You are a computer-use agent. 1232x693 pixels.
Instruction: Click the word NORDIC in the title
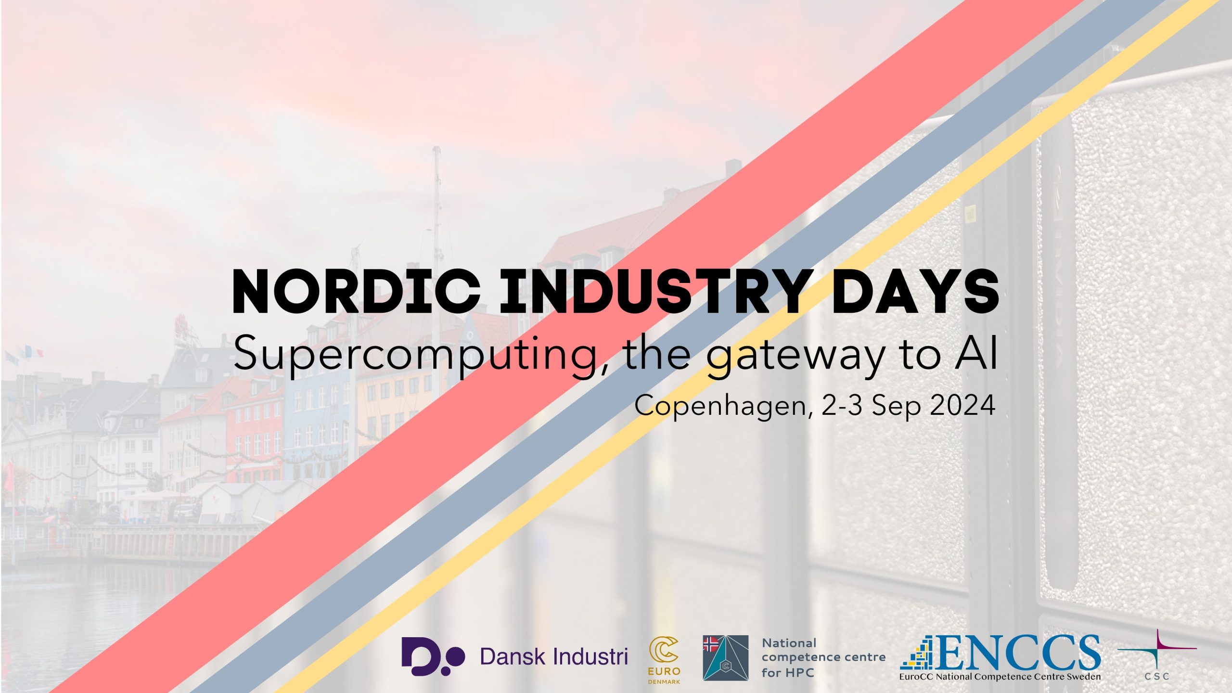356,292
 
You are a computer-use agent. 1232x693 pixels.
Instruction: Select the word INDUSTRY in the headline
656,292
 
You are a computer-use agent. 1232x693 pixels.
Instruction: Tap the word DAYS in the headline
915,292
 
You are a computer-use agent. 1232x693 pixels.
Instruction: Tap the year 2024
962,405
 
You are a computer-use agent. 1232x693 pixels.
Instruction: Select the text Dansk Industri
554,656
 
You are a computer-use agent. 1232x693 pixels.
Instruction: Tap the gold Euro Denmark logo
664,660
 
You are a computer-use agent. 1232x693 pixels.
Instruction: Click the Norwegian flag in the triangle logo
711,643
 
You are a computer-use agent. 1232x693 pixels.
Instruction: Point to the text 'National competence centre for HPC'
823,657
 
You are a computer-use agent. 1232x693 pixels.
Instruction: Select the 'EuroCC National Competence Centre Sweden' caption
1000,677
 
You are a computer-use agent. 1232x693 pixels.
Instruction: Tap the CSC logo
1157,655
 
